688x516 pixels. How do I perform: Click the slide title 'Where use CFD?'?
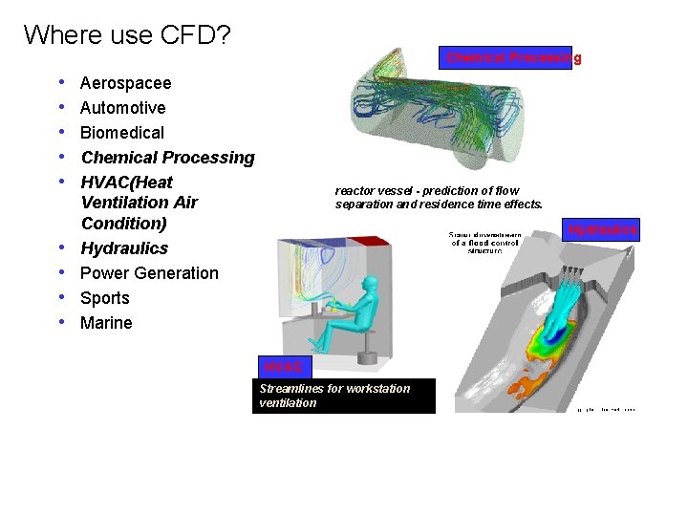click(x=127, y=35)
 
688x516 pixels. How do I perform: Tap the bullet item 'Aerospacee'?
click(x=125, y=83)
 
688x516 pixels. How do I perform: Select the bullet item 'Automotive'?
click(x=122, y=108)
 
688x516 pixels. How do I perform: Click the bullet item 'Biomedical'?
click(x=121, y=133)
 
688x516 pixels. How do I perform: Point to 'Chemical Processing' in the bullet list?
click(x=167, y=158)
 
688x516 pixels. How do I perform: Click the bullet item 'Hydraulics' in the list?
click(x=124, y=248)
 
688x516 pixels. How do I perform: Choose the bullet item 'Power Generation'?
click(x=149, y=273)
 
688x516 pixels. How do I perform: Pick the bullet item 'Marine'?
click(x=106, y=323)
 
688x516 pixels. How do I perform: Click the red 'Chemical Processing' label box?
click(x=505, y=57)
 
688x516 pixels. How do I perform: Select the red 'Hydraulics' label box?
click(x=601, y=229)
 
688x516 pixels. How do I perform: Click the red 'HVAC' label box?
click(x=284, y=367)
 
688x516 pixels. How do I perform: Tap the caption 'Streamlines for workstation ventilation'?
click(x=344, y=396)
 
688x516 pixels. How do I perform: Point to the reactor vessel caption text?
click(x=439, y=198)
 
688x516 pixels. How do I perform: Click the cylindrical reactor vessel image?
click(x=441, y=119)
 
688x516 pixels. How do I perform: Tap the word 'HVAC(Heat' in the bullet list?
click(x=127, y=183)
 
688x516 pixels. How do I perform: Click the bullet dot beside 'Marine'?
click(x=61, y=323)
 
